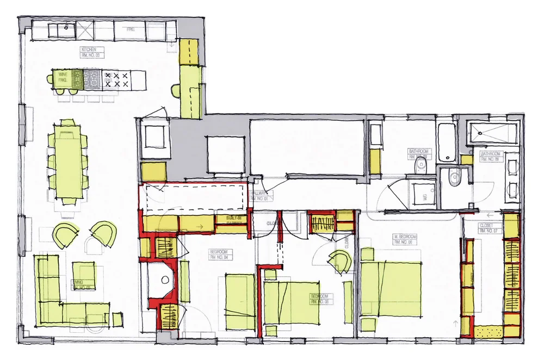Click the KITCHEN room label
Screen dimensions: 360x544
click(88, 52)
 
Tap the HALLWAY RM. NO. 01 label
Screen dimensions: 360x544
click(259, 196)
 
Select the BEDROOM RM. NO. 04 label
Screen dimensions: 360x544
click(220, 254)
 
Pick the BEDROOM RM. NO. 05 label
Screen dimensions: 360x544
click(319, 299)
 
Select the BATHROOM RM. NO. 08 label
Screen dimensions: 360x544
click(489, 157)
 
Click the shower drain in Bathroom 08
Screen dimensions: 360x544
click(480, 131)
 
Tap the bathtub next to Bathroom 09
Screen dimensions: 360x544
click(447, 143)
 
